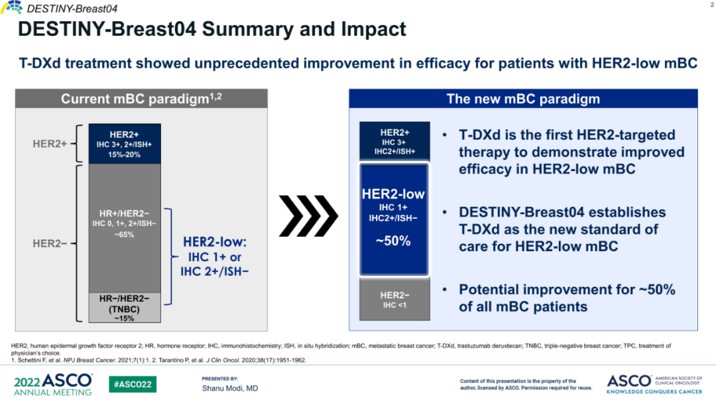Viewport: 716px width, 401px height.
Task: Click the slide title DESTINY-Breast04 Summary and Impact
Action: (211, 30)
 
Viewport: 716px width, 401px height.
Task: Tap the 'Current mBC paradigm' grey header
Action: (142, 99)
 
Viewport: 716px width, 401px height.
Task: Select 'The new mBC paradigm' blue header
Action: (523, 99)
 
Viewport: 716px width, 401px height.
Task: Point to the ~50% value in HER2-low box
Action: (393, 241)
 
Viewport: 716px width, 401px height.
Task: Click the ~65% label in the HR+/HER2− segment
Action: (124, 235)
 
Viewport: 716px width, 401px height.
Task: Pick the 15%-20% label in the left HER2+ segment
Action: (124, 154)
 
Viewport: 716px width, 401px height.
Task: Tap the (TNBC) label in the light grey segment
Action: (124, 309)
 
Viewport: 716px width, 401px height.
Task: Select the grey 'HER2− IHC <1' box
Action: (394, 300)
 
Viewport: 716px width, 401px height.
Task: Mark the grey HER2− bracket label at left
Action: (50, 243)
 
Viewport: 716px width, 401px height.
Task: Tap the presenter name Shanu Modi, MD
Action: (230, 388)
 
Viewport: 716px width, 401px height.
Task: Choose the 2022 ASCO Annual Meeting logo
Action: (53, 384)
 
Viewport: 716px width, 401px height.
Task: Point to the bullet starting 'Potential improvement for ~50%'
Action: (566, 298)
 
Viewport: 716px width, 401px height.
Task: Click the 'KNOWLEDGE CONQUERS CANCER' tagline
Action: (654, 392)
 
